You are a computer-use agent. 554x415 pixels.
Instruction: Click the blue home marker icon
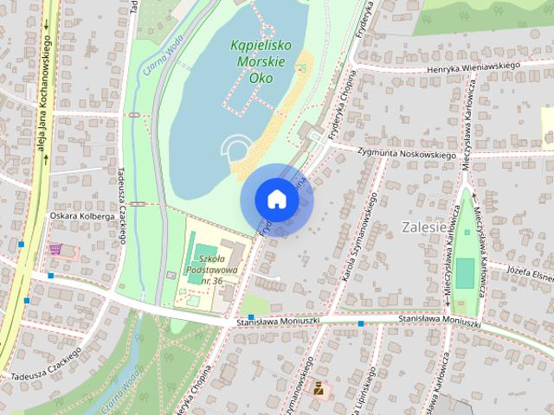276,200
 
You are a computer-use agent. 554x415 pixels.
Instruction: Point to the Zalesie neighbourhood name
424,227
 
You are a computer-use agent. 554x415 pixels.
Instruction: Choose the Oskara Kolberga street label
79,217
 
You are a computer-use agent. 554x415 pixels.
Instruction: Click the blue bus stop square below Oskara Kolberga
51,276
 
